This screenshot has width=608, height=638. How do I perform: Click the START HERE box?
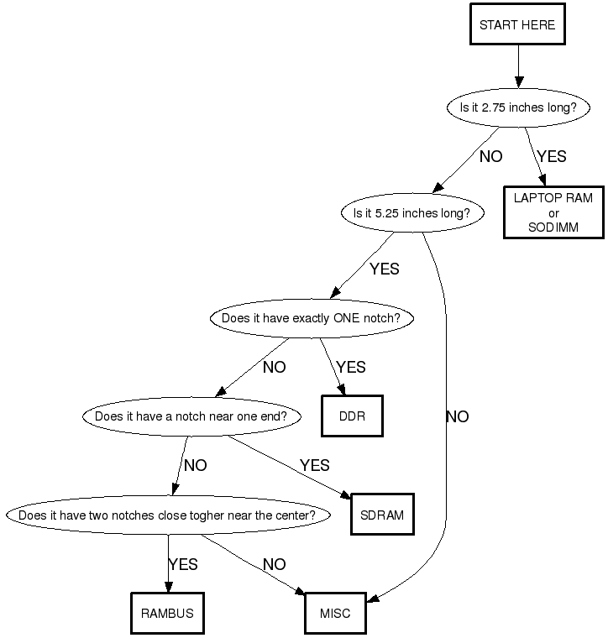[517, 25]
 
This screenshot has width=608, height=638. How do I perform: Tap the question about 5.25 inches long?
[412, 213]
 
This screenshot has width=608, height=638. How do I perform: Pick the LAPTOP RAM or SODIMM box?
[553, 212]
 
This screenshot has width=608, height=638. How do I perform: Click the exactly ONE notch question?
[305, 319]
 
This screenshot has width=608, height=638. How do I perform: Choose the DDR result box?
[352, 416]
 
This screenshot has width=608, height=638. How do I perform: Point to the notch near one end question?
[191, 416]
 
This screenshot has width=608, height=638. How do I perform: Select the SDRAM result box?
[382, 515]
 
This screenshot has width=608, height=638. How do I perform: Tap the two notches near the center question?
[167, 515]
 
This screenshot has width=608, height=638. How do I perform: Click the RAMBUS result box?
[167, 614]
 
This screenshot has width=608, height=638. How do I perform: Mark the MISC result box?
[334, 614]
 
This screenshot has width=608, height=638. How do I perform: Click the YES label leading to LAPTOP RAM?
[552, 157]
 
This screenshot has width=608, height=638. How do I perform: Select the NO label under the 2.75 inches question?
[491, 157]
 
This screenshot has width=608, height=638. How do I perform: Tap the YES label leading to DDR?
[351, 368]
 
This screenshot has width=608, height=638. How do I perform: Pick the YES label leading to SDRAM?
[315, 466]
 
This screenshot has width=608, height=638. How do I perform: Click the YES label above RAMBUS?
[183, 565]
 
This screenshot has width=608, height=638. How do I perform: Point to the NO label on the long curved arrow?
[458, 417]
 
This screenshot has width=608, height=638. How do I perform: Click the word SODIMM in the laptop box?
[553, 227]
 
